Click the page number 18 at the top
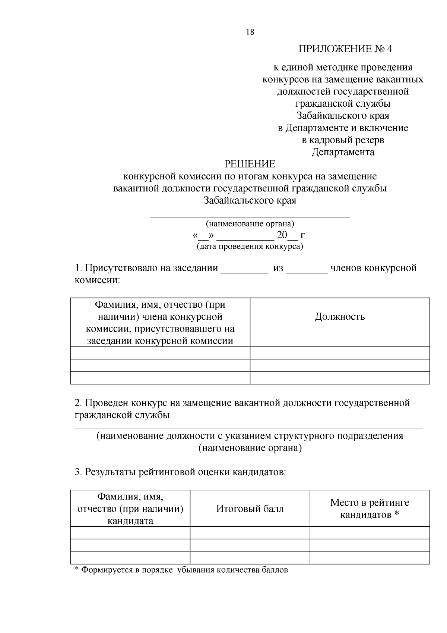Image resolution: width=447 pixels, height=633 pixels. click(x=250, y=32)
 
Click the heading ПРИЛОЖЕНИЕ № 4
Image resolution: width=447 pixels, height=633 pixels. click(x=345, y=49)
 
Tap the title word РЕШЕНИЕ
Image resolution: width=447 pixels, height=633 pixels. click(x=250, y=164)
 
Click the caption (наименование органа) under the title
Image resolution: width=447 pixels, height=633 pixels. click(x=250, y=224)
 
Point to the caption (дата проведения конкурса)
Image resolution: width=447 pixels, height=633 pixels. click(x=250, y=247)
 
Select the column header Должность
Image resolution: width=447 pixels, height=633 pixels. click(x=340, y=317)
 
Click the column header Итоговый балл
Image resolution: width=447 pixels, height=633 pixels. click(x=250, y=509)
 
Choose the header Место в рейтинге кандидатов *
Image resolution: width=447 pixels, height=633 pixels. click(x=370, y=509)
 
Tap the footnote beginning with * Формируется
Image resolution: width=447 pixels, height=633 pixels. click(x=181, y=570)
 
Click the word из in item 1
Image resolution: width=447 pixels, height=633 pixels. click(x=278, y=268)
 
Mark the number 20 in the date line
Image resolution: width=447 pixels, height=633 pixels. click(x=282, y=235)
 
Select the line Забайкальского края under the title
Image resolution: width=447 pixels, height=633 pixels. click(x=250, y=201)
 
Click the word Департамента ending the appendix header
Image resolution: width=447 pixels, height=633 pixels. click(x=343, y=152)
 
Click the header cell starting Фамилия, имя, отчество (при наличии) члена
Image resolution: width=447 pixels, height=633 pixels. click(x=160, y=323)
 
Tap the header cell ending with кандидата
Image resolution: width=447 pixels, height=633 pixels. click(x=130, y=509)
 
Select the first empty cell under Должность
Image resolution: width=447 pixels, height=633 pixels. click(x=340, y=353)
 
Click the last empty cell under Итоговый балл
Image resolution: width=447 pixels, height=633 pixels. click(x=250, y=558)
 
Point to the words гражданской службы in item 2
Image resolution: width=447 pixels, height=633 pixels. click(x=122, y=415)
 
